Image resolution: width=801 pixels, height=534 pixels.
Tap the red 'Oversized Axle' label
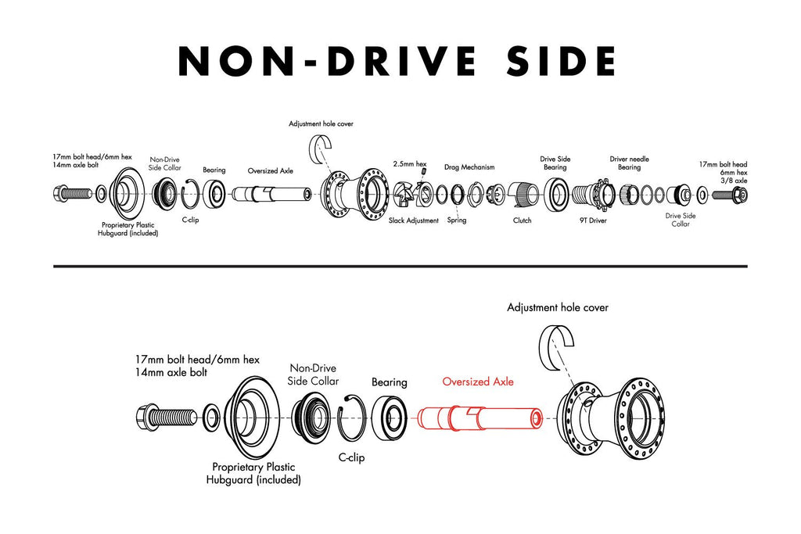coord(478,382)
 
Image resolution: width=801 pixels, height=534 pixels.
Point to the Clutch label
coord(522,220)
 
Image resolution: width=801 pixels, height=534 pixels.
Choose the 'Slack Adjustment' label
coord(414,220)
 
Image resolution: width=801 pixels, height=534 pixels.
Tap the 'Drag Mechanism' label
coord(469,167)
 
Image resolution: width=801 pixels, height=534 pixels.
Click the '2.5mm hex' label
coord(409,164)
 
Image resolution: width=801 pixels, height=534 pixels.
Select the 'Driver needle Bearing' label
coord(629,163)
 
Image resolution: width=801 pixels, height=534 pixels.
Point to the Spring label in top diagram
coord(457,220)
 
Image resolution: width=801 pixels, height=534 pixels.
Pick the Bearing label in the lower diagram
coord(390,382)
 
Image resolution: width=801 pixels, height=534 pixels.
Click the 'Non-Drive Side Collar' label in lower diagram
coord(314,375)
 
